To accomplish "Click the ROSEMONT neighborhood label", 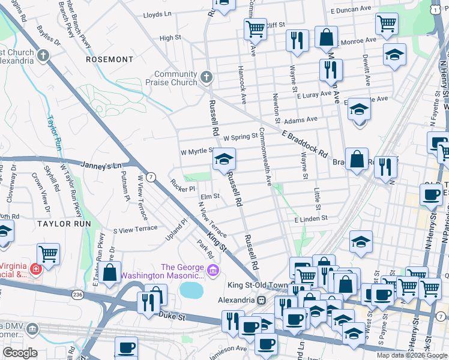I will pos(109,59).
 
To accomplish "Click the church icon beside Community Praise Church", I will pos(206,76).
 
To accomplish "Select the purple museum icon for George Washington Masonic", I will pos(212,272).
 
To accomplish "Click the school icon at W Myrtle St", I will pos(224,159).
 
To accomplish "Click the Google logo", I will pos(20,353).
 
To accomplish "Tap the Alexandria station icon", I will pos(261,299).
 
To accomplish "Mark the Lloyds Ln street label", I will pos(158,13).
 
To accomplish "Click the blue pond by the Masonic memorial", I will pos(190,290).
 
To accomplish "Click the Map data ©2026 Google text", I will pos(411,355).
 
